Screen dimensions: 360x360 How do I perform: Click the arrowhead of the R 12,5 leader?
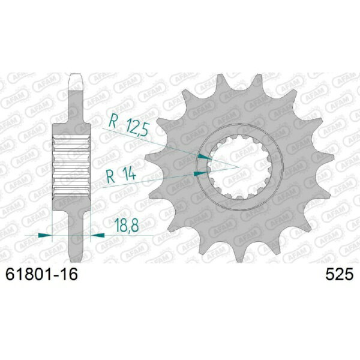[x=205, y=156]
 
